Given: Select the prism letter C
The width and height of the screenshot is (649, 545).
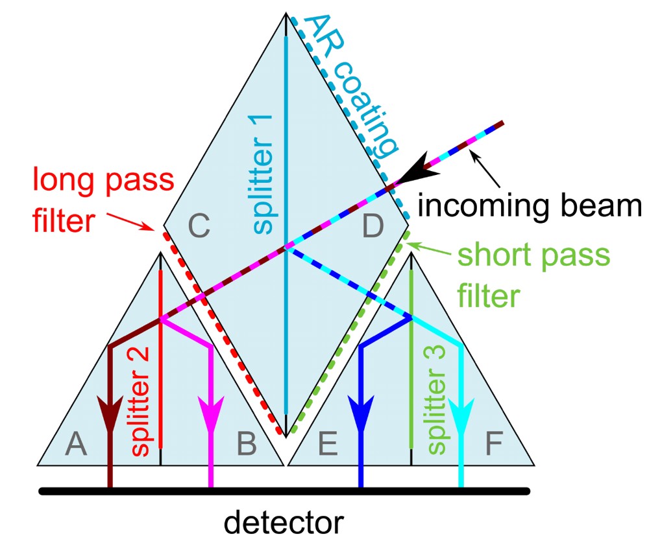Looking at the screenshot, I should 199,227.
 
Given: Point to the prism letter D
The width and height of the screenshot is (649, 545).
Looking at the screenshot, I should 373,227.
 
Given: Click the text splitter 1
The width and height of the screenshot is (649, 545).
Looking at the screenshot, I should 263,170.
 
